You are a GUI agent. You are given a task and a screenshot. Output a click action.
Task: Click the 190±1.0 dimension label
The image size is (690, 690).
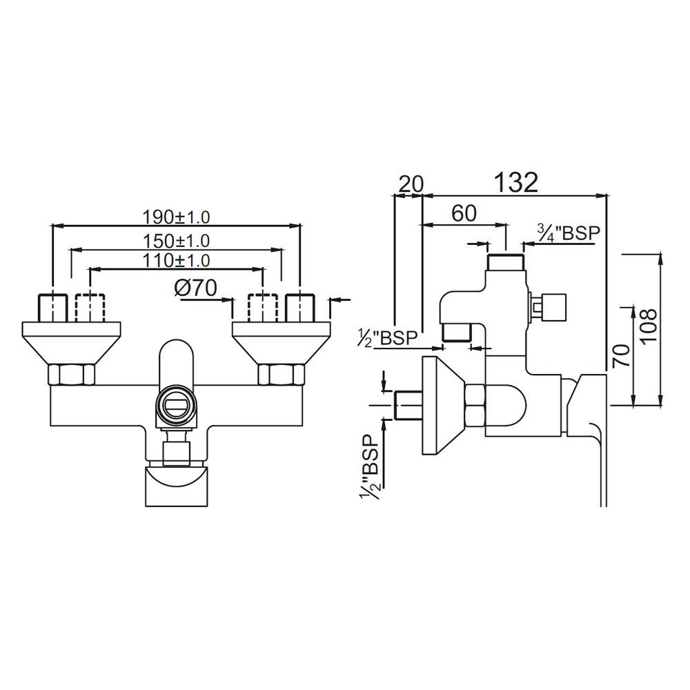click(176, 217)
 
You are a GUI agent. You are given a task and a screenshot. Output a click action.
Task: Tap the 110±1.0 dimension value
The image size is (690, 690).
click(176, 260)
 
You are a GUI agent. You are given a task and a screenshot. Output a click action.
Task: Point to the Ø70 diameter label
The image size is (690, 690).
click(196, 288)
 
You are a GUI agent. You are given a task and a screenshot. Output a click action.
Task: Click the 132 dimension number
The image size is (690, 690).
click(515, 183)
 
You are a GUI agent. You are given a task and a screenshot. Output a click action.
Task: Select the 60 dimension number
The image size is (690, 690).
click(464, 213)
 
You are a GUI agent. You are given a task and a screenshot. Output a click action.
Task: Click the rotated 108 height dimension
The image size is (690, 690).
click(649, 329)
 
